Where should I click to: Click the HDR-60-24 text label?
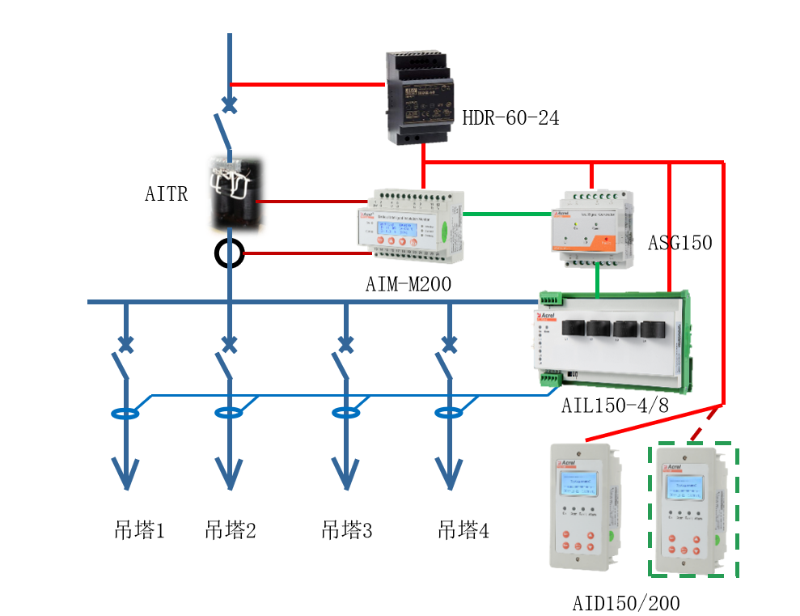[510, 119]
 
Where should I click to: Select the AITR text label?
[167, 194]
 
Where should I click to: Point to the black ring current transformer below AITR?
[230, 253]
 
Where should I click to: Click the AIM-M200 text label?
[408, 284]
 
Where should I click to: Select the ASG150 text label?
[679, 243]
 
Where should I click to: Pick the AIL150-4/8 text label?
[615, 405]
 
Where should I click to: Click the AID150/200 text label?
[626, 603]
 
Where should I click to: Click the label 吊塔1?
[139, 531]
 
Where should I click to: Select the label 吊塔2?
[231, 531]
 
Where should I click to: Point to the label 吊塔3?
[347, 531]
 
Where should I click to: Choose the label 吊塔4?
[463, 531]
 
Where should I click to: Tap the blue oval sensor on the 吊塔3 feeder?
[346, 413]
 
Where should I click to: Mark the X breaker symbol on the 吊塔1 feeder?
[125, 344]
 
